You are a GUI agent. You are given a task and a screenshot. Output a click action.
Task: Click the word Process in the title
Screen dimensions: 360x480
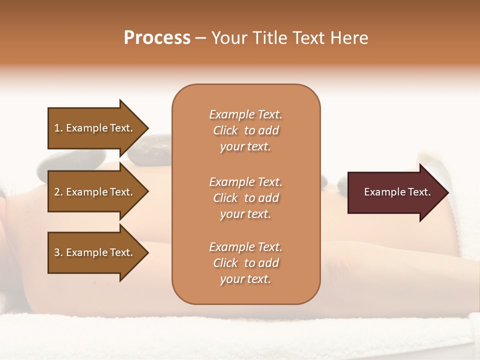pyautogui.click(x=157, y=38)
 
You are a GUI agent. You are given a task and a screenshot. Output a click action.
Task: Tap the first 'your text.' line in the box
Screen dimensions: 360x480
pyautogui.click(x=245, y=146)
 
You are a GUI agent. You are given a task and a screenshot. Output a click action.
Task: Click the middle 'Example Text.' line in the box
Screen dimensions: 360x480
pyautogui.click(x=245, y=182)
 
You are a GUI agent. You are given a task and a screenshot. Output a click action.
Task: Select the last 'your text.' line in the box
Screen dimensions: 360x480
pyautogui.click(x=245, y=279)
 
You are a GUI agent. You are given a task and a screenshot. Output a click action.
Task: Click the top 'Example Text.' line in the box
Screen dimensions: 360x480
pyautogui.click(x=245, y=114)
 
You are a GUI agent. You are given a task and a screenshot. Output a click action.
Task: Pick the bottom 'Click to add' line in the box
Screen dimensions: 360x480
pyautogui.click(x=245, y=263)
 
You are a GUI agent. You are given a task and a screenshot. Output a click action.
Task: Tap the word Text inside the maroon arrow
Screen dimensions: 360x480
pyautogui.click(x=419, y=192)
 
